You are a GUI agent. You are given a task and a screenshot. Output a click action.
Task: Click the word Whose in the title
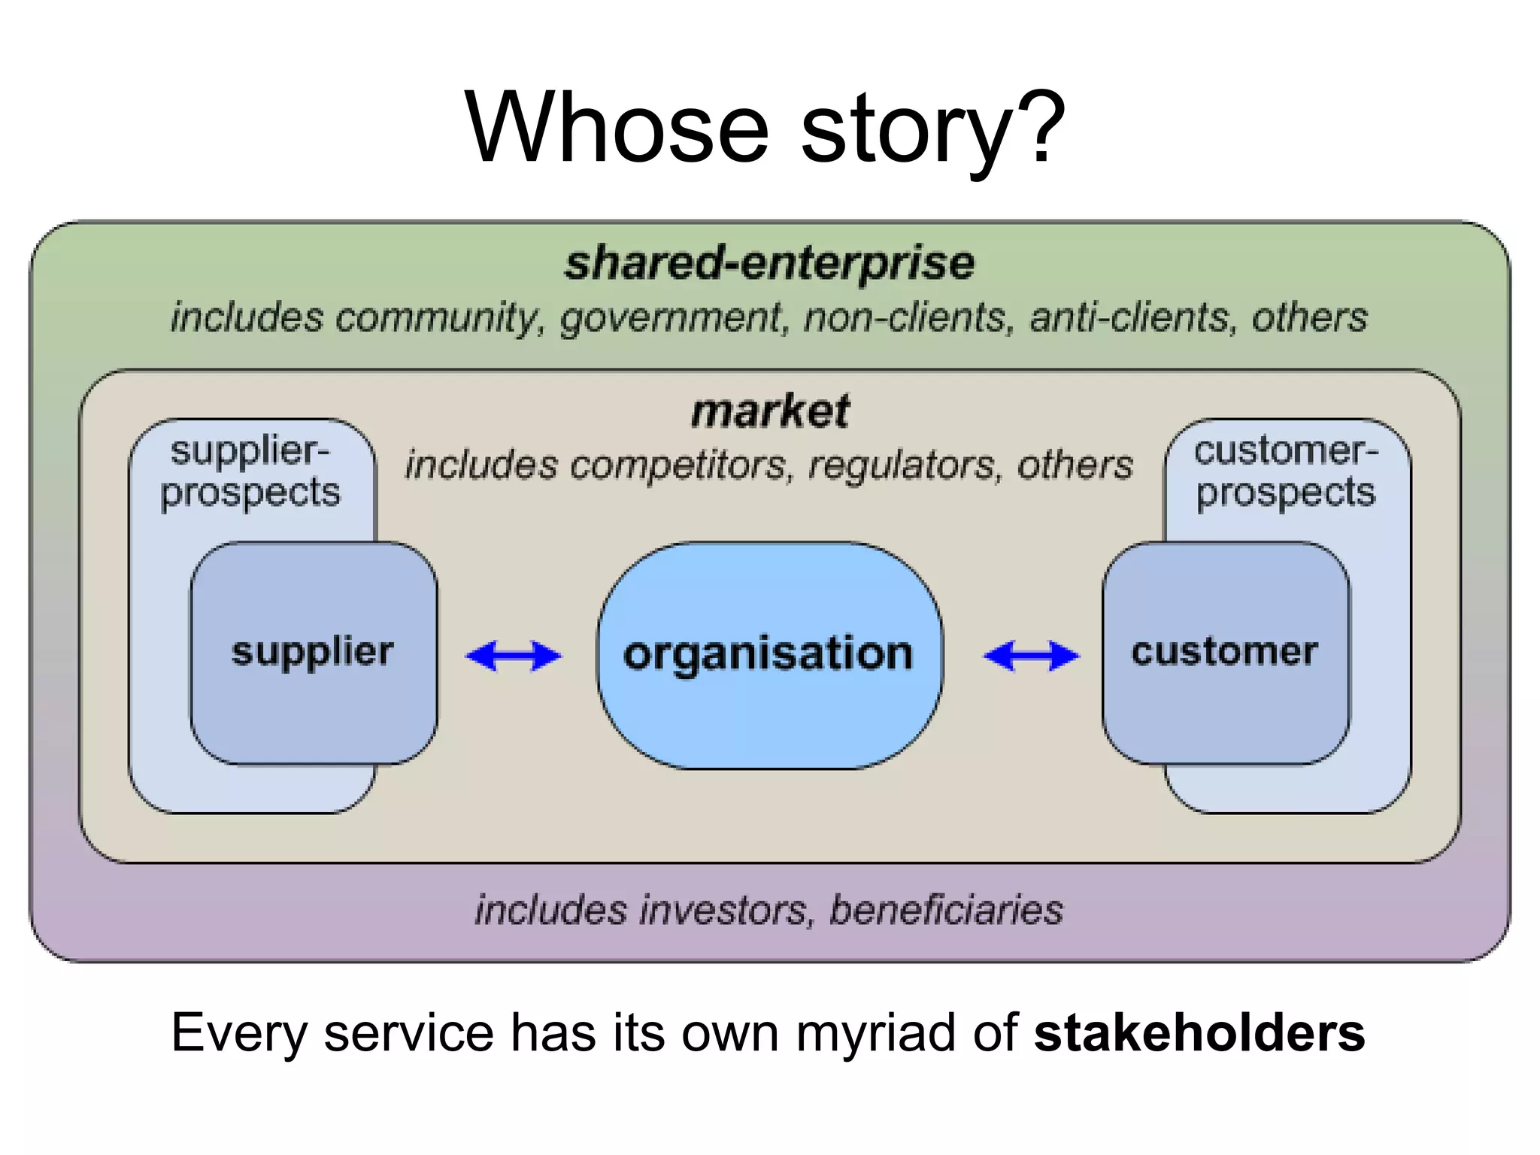click(x=617, y=128)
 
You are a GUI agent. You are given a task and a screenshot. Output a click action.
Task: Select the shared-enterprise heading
click(x=769, y=263)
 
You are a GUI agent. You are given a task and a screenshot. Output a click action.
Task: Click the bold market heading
click(x=770, y=411)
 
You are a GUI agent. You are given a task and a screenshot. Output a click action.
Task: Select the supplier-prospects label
click(x=250, y=471)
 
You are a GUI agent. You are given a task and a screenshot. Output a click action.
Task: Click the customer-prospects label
click(x=1286, y=471)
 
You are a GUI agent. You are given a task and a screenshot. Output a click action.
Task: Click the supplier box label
click(x=312, y=651)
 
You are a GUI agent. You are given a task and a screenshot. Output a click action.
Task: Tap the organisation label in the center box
click(x=768, y=653)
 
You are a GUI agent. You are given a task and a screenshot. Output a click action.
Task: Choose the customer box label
click(x=1224, y=651)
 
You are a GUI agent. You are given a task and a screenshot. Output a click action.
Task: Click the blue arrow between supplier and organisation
click(x=514, y=656)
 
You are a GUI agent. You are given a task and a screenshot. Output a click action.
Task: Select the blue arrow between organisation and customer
click(x=1031, y=656)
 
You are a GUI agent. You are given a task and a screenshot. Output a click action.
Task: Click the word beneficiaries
click(x=946, y=910)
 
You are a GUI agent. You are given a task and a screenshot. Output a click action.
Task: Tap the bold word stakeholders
click(x=1199, y=1032)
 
